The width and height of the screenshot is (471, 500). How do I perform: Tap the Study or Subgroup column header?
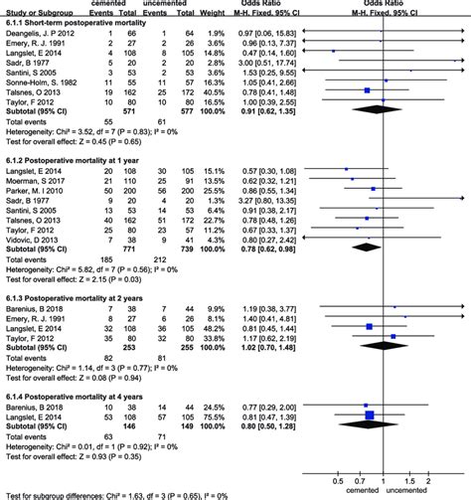tap(38, 12)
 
